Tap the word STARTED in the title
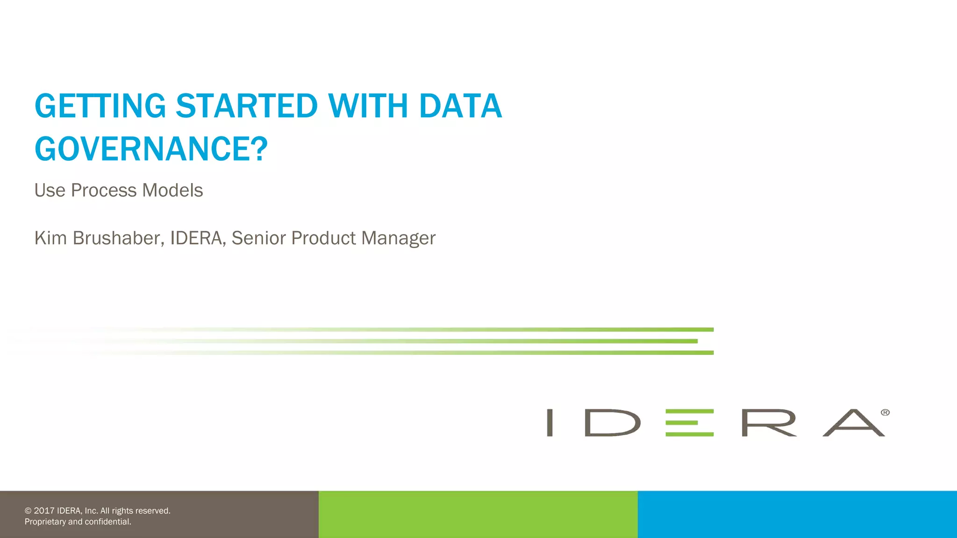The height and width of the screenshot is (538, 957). tap(247, 106)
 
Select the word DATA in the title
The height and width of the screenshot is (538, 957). tap(460, 106)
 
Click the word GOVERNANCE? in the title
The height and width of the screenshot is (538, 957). tap(151, 149)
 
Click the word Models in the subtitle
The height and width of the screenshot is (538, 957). tap(172, 191)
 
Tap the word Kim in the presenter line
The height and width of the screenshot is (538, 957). tap(50, 238)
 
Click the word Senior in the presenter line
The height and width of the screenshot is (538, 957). tap(258, 238)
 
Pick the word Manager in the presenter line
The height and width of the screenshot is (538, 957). tap(398, 238)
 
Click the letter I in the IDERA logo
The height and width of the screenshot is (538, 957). tap(550, 423)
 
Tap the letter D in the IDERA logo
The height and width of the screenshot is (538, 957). tap(612, 423)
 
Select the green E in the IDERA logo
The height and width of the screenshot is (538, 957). tap(689, 423)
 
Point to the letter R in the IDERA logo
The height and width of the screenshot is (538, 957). tap(769, 423)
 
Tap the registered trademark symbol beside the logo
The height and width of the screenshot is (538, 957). tap(885, 412)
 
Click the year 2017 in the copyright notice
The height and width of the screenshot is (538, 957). tap(44, 511)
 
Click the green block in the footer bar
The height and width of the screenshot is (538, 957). tap(478, 514)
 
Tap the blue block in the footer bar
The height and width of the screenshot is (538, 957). tap(797, 514)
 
